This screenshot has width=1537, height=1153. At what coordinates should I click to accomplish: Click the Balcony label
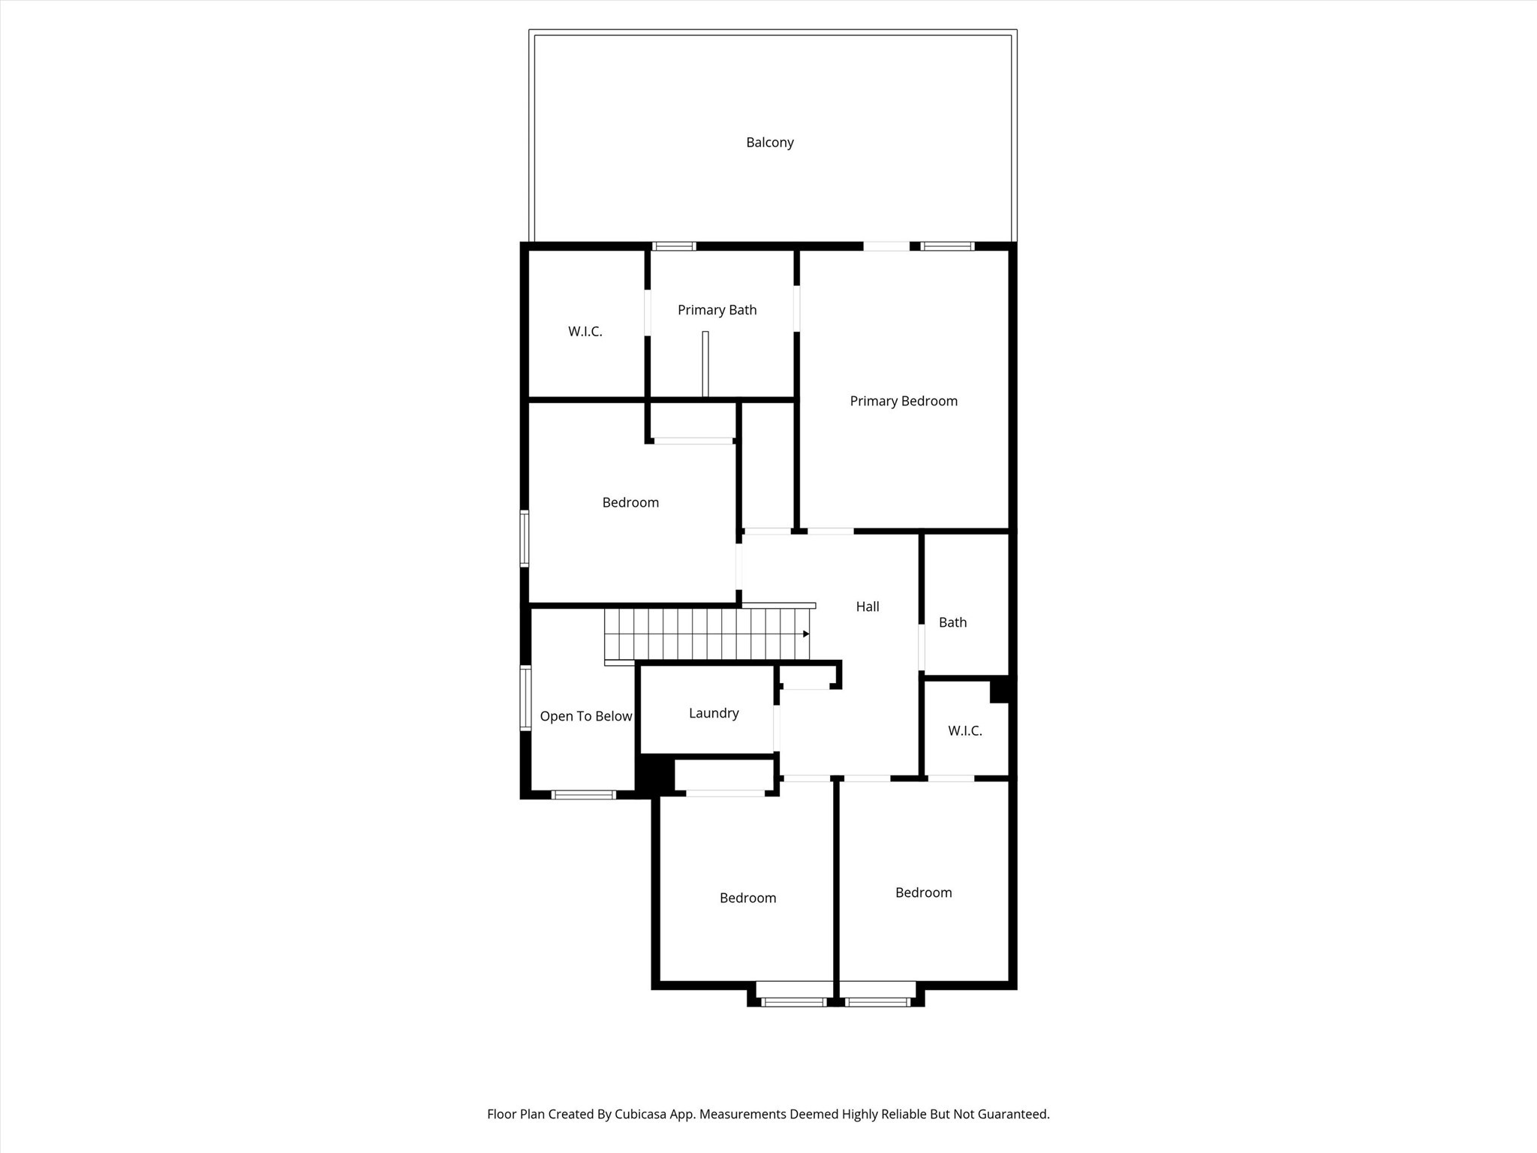(x=769, y=143)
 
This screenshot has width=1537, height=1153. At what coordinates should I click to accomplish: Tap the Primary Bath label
(x=717, y=310)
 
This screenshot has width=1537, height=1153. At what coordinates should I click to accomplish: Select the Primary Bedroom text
(x=904, y=401)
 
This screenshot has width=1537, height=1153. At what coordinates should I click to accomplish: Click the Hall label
(x=868, y=607)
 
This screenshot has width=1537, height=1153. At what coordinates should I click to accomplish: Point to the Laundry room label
(x=714, y=713)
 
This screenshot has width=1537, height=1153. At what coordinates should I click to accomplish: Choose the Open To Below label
(x=585, y=716)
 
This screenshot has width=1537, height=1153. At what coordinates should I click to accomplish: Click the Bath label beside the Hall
(x=952, y=622)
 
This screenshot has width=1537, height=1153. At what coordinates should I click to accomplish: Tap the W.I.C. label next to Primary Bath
(x=585, y=332)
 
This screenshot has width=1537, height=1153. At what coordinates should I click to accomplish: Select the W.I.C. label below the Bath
(x=964, y=730)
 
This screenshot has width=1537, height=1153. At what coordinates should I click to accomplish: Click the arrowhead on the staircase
(x=806, y=634)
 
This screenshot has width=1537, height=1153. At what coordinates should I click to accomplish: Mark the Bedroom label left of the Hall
(x=630, y=502)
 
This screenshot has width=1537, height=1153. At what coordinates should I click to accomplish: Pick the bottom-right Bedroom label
(x=923, y=893)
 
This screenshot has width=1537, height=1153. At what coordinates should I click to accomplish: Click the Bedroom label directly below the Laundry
(x=747, y=898)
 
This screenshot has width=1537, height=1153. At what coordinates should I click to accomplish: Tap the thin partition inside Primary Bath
(x=705, y=364)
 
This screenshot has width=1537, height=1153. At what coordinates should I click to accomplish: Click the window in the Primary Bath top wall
(x=674, y=246)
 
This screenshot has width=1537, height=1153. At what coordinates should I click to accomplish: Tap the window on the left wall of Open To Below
(x=526, y=697)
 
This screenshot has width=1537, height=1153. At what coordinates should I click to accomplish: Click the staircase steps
(x=705, y=634)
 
